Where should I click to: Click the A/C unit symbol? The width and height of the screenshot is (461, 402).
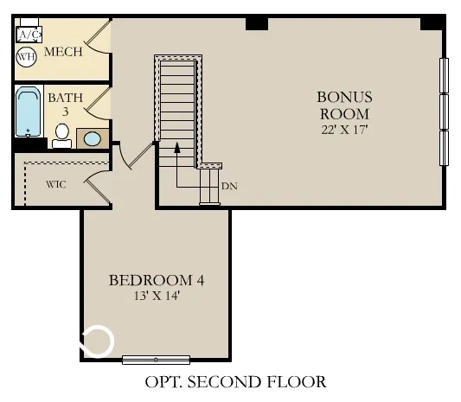tap(29, 35)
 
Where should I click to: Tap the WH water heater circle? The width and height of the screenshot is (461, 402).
tap(27, 57)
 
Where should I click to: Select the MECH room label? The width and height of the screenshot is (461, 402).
tap(63, 52)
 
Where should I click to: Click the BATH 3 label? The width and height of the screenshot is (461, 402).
tap(66, 104)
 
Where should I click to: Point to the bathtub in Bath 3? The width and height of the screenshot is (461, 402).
tap(28, 112)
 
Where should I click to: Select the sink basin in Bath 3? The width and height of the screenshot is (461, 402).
tap(93, 138)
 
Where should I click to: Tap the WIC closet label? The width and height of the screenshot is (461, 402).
tap(56, 184)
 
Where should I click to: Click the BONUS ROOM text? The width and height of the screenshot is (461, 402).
tap(343, 105)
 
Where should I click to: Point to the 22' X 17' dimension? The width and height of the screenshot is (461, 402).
tap(343, 131)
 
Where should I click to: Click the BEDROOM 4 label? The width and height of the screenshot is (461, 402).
tap(157, 280)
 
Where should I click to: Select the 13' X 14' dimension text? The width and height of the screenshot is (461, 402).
tap(157, 297)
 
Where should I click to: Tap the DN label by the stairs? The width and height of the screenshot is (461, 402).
tap(229, 186)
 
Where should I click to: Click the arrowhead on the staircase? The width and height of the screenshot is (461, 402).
tap(176, 148)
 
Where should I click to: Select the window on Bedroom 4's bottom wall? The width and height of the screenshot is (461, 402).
tap(156, 359)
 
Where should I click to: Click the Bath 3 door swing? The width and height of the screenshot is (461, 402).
tap(99, 103)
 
